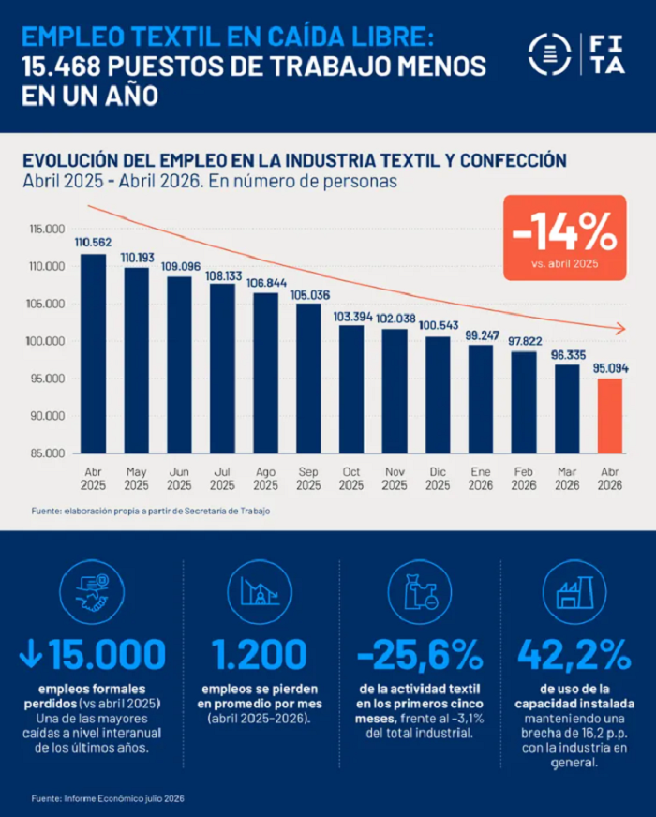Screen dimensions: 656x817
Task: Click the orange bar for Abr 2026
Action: click(x=610, y=416)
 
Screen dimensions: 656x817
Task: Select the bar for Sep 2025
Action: click(x=308, y=379)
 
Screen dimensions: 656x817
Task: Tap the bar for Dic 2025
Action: click(x=438, y=395)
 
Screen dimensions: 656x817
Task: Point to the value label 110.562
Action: click(x=93, y=243)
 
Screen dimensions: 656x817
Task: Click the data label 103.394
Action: click(x=352, y=317)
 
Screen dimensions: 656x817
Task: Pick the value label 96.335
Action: click(x=569, y=355)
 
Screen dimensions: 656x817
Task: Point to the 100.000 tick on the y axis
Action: click(x=47, y=341)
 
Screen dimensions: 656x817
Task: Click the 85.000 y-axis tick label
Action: click(x=48, y=453)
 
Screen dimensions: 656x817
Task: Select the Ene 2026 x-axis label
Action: click(x=481, y=479)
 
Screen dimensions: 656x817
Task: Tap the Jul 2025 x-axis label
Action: click(x=222, y=479)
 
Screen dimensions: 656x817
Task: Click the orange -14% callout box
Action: click(x=565, y=238)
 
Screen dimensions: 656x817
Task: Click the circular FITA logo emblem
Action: click(x=549, y=53)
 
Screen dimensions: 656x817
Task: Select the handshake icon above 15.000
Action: click(x=92, y=592)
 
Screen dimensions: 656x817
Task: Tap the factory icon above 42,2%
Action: click(x=574, y=592)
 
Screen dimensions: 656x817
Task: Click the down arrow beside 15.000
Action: click(x=31, y=654)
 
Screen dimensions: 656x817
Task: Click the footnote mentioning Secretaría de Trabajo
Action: click(x=151, y=512)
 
